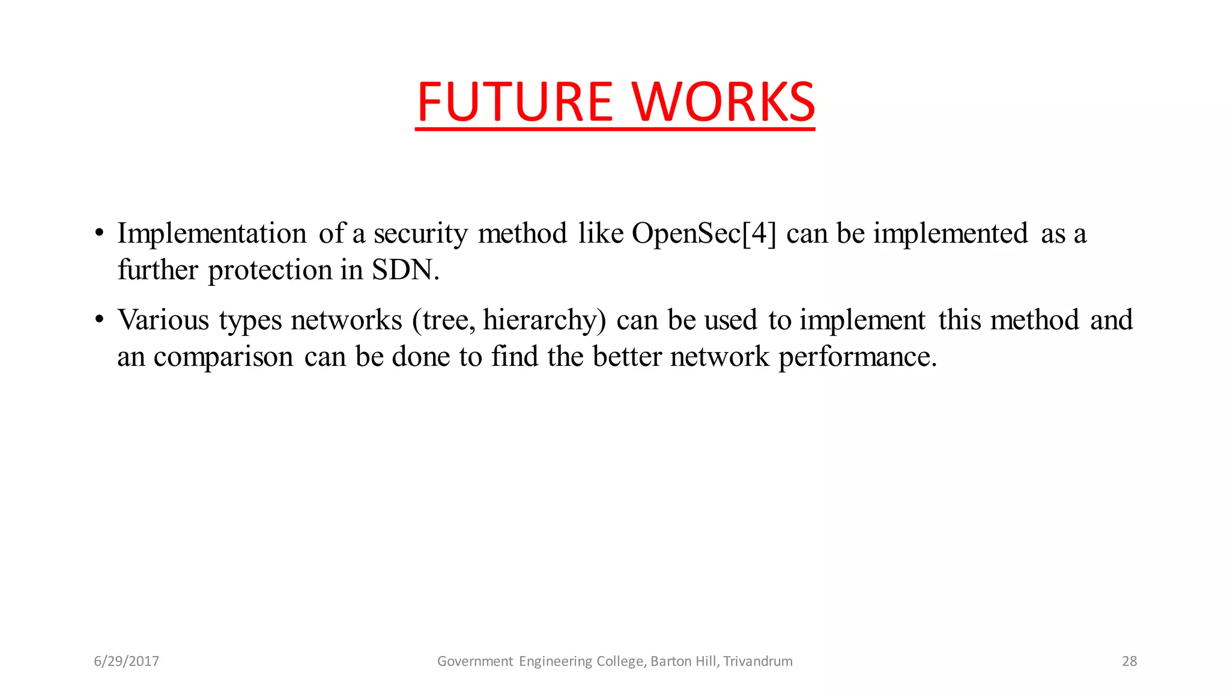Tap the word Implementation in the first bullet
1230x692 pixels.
(212, 233)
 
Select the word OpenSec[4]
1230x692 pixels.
(704, 234)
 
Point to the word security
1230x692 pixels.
(420, 234)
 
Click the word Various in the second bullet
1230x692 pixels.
(163, 320)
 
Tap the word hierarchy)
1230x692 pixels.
(545, 320)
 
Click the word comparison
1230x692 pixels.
(223, 357)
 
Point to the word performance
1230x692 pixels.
(858, 357)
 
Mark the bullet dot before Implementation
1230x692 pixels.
(100, 233)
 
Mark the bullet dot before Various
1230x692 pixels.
(100, 320)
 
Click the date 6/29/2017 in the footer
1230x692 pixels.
(127, 661)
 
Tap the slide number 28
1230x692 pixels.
(1129, 661)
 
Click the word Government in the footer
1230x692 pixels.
(475, 661)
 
